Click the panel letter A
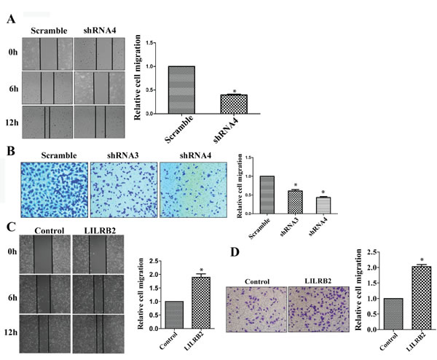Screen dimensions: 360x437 tap(11, 21)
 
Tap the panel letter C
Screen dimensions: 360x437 tap(11, 225)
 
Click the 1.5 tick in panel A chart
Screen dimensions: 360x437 tap(151, 44)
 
